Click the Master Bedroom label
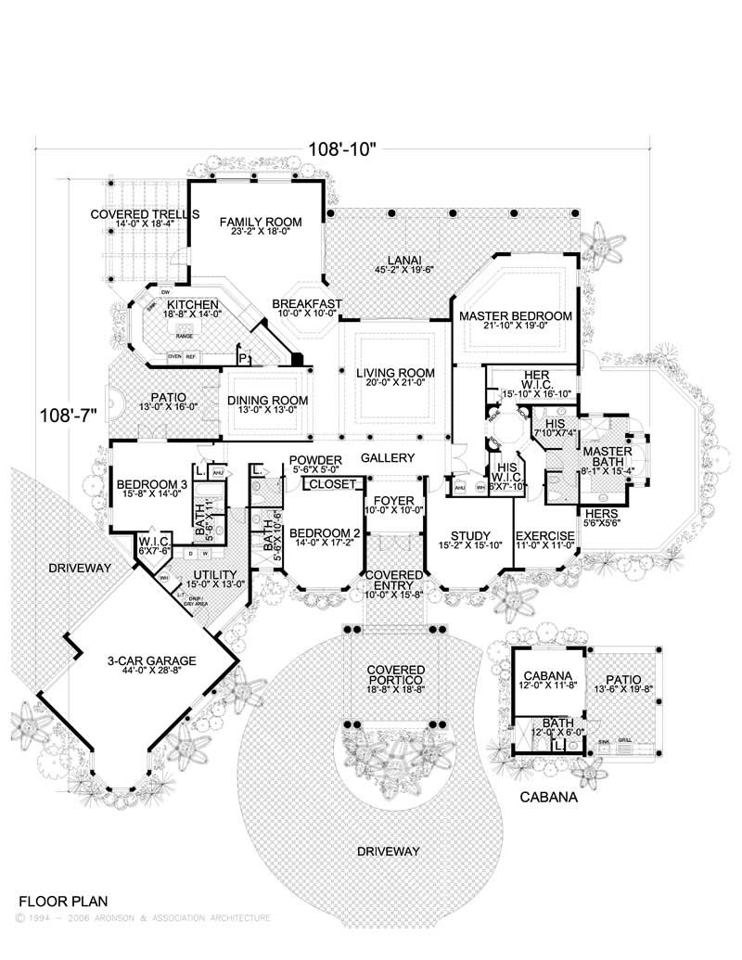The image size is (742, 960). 516,316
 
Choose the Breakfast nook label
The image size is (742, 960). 307,304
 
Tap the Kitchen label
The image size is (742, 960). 192,304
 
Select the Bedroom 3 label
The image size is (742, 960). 150,483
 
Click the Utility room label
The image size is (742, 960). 213,574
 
